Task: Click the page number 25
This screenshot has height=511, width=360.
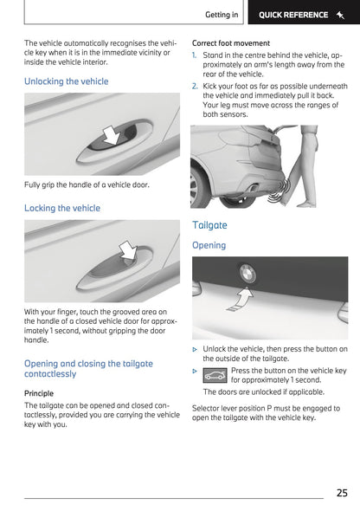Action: tap(341, 493)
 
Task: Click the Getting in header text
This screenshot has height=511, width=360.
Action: tap(222, 14)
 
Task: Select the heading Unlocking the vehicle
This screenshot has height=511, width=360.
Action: tap(67, 81)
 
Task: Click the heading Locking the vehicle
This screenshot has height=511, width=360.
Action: tap(62, 208)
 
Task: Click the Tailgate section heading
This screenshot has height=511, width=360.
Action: tap(209, 224)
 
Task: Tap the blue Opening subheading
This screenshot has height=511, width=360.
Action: tap(209, 245)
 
